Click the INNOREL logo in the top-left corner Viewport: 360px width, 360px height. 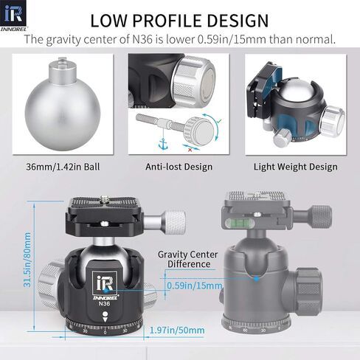pos(14,16)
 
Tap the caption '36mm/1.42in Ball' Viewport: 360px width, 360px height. pos(63,167)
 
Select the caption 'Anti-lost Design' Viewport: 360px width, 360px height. pos(179,167)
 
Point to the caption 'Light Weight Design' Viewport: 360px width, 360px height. pos(296,167)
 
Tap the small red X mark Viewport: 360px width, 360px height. pos(190,150)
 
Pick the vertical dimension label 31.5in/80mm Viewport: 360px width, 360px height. pos(27,260)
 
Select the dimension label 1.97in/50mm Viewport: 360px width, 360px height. pos(177,330)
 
